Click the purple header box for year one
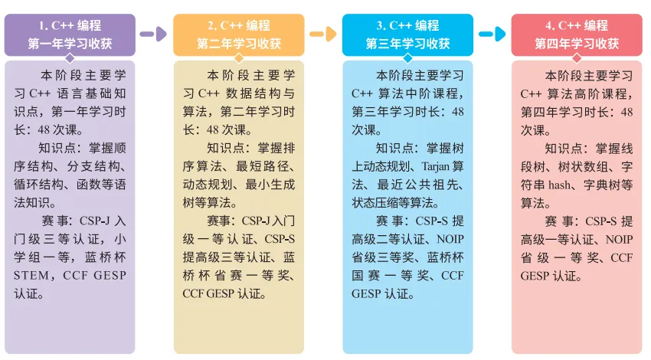click(x=70, y=34)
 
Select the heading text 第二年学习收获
click(x=238, y=44)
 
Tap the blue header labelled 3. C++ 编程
click(x=407, y=26)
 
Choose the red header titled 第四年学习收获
click(x=577, y=44)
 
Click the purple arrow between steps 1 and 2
click(x=153, y=34)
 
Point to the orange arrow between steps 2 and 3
click(x=322, y=34)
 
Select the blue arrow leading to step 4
click(x=492, y=34)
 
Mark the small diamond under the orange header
click(x=238, y=57)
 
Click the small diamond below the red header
click(x=577, y=57)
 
